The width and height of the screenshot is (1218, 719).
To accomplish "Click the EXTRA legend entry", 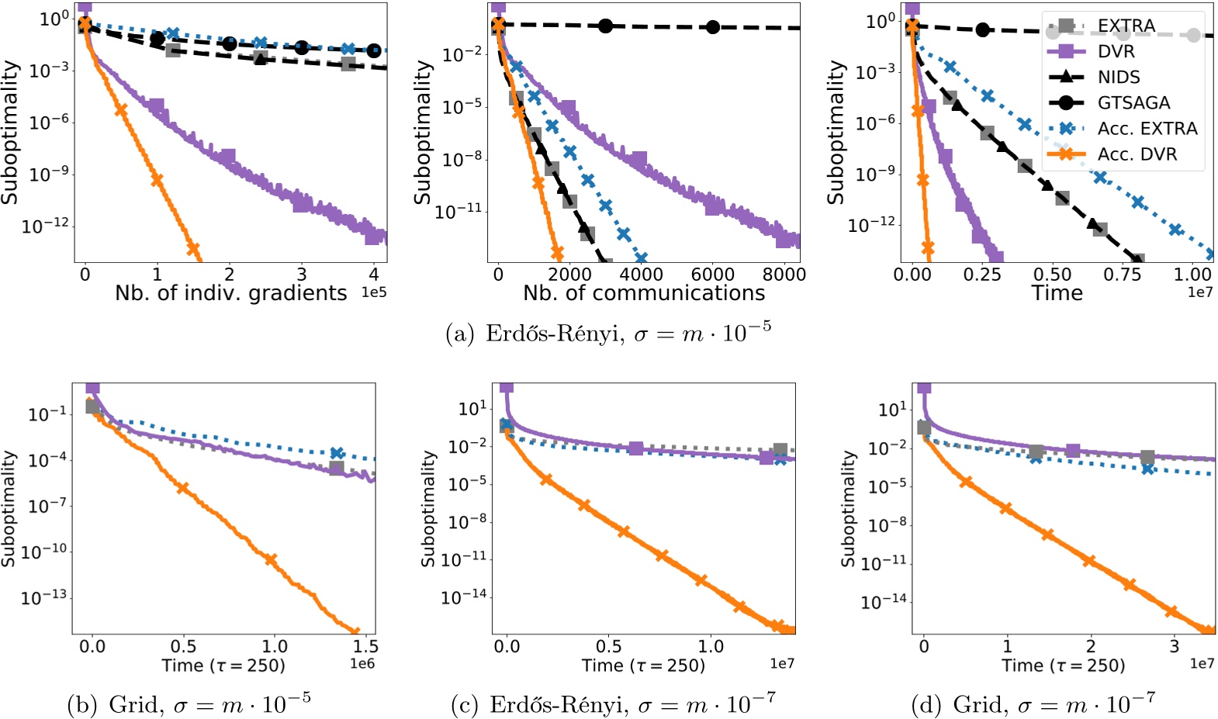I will coord(1125,26).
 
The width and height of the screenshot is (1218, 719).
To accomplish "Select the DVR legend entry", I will coord(1116,51).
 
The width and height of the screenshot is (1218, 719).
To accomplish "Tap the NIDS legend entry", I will coord(1118,77).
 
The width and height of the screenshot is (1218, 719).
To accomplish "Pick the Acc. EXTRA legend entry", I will coord(1147,128).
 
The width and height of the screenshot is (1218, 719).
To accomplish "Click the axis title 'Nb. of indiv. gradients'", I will coord(230,293).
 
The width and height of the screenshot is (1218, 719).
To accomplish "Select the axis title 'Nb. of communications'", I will coord(643,293).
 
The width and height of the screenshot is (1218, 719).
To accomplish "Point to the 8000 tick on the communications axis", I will coord(784,274).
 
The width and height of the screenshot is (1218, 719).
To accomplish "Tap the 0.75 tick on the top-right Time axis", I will coord(1123,274).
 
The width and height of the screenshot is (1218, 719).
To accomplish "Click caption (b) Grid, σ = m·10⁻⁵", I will coord(189,703).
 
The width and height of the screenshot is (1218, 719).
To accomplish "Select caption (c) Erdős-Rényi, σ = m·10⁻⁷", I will coord(612,703).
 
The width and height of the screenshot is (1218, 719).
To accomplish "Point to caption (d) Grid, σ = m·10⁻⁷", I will coord(1033,703).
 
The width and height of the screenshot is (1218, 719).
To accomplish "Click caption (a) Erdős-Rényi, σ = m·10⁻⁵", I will coord(608,333).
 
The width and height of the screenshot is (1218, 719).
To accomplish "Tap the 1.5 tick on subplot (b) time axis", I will coord(365,646).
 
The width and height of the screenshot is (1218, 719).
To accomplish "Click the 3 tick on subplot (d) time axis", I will coord(1174,646).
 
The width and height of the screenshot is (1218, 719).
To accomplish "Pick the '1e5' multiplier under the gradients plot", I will coord(374,292).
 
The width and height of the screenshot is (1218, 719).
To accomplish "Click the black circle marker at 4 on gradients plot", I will coord(374,50).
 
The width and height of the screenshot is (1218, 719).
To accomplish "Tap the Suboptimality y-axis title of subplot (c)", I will coord(427,509).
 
